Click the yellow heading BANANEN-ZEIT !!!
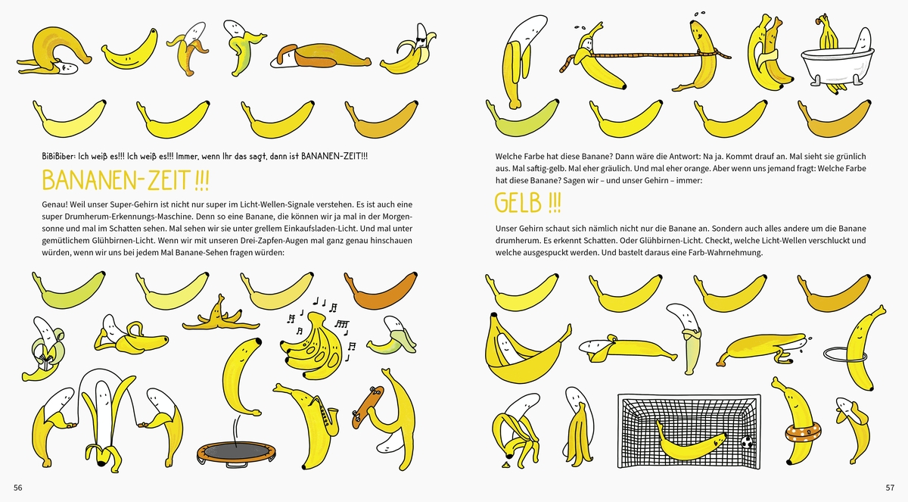126,180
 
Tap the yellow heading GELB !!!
528,203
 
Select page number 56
18,488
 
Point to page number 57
890,488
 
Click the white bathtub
837,67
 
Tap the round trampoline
236,454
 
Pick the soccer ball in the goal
747,441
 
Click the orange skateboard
367,407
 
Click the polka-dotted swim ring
803,432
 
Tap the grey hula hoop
845,355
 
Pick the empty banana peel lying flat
221,316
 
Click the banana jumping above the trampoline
242,376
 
